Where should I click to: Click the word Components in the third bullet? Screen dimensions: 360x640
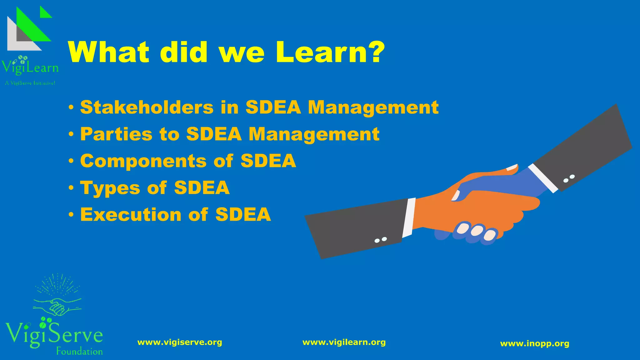pos(143,161)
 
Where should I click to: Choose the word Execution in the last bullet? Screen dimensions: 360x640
pos(131,215)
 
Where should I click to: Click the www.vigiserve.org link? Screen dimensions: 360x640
pos(180,342)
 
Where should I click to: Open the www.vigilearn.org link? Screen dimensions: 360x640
pos(344,342)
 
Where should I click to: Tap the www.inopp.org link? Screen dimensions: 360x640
pos(535,344)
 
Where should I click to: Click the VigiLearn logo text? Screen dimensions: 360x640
pos(30,67)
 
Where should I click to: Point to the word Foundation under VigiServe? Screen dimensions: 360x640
pos(79,352)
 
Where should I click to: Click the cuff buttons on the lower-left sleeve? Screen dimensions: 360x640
pos(381,240)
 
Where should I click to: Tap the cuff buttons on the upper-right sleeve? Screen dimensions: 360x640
pos(569,178)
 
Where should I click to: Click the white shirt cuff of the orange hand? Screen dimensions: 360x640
pos(409,217)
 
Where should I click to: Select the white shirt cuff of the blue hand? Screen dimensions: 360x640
pos(543,178)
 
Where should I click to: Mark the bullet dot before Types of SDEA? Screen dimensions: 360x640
pos(72,188)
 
